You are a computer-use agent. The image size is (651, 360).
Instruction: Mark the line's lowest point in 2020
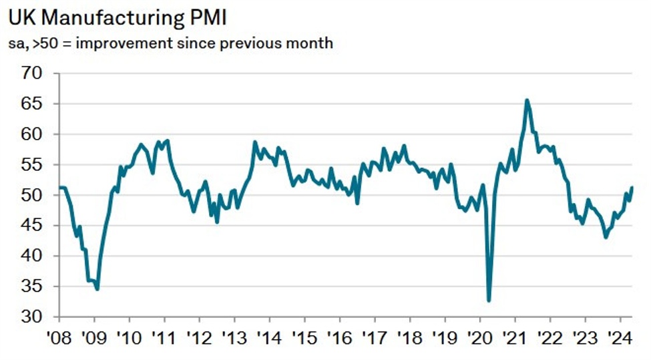(x=489, y=301)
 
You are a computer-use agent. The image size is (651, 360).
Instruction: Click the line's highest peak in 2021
(x=527, y=100)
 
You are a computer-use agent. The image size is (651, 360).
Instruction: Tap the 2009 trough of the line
(x=97, y=289)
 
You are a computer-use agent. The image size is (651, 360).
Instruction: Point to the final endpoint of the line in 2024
(x=632, y=188)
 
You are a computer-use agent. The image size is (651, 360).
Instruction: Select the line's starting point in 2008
(x=60, y=188)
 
